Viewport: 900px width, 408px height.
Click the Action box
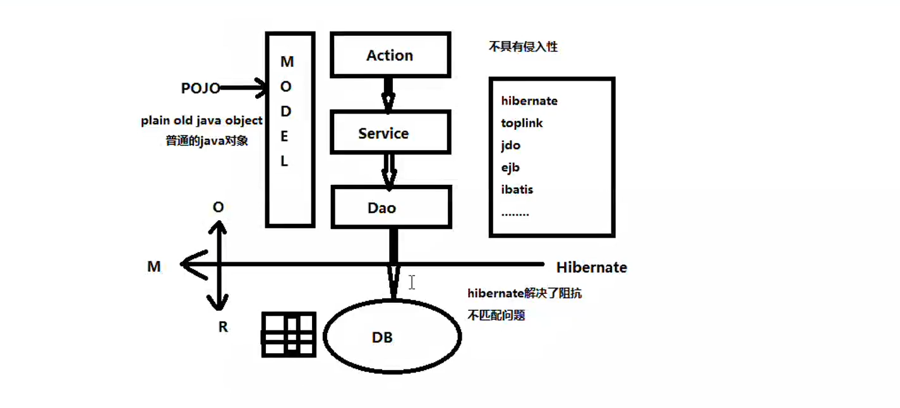(x=390, y=55)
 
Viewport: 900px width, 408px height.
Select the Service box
(x=390, y=133)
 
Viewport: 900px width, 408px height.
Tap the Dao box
(x=390, y=207)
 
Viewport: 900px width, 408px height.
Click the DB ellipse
(x=392, y=337)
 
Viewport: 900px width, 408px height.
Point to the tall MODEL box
(x=289, y=129)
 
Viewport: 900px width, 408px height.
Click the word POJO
(x=200, y=89)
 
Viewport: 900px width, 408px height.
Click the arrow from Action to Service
(x=388, y=93)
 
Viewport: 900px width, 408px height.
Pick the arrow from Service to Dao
(x=389, y=170)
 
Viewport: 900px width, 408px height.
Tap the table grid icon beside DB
(x=289, y=334)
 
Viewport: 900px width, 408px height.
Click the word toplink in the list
(x=522, y=123)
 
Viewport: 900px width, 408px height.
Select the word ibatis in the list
(x=517, y=189)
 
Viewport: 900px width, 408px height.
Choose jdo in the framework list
(x=511, y=145)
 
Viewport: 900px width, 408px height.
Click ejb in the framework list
(x=510, y=167)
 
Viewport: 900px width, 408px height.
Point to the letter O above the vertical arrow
(x=219, y=207)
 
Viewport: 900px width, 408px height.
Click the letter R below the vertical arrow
(x=223, y=327)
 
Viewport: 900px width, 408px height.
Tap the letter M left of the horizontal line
(x=154, y=267)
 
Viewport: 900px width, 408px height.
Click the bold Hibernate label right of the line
(x=591, y=267)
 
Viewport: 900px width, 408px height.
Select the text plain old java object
(x=201, y=121)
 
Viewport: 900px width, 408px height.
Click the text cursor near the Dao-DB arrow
(x=412, y=282)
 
